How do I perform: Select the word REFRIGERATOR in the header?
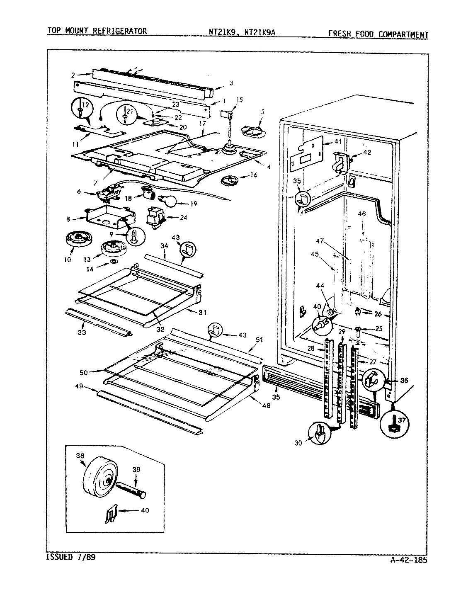click(x=123, y=31)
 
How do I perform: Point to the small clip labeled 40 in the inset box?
click(x=109, y=515)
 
